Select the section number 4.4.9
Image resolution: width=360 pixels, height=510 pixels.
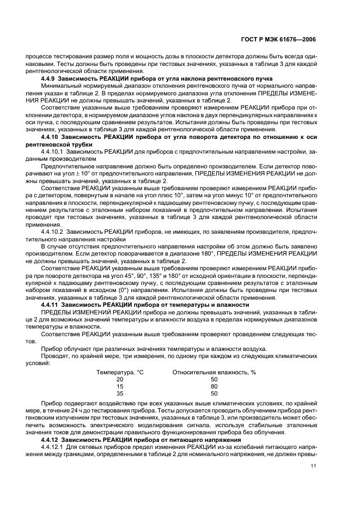click(51, 79)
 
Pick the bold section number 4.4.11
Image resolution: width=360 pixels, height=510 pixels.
click(52, 305)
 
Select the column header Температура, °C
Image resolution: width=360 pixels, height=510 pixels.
click(120, 372)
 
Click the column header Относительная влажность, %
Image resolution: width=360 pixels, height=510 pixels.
click(214, 372)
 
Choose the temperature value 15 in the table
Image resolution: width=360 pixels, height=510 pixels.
click(120, 386)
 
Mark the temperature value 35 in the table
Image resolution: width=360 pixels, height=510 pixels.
click(120, 393)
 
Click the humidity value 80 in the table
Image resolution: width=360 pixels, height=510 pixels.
click(214, 386)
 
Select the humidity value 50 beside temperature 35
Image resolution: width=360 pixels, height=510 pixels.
click(214, 393)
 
